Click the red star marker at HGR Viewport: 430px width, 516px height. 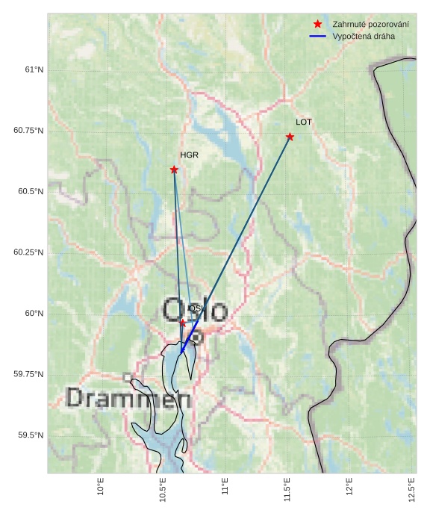point(174,170)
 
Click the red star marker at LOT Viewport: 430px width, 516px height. point(290,137)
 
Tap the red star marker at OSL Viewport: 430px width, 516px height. point(183,323)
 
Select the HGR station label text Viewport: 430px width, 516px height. point(189,155)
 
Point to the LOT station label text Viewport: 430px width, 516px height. point(304,122)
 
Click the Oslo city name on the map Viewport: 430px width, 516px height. point(195,310)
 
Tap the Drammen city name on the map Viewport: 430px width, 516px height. point(128,398)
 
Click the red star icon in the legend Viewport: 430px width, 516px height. point(318,25)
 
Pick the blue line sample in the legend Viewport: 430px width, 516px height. point(318,36)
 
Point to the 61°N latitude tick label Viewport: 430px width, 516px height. point(34,69)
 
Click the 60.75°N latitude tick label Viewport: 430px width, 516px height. point(28,131)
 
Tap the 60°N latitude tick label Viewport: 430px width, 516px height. point(34,314)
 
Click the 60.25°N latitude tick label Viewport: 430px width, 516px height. point(28,252)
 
